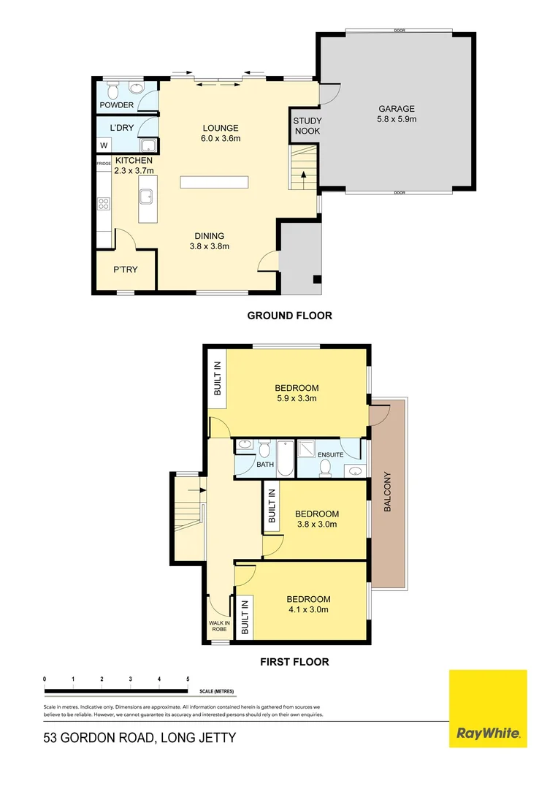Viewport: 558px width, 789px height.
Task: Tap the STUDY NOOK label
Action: pyautogui.click(x=307, y=126)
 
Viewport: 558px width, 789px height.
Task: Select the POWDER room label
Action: pyautogui.click(x=117, y=105)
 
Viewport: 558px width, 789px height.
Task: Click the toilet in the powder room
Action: pyautogui.click(x=112, y=90)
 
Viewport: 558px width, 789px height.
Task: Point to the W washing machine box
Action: pyautogui.click(x=104, y=145)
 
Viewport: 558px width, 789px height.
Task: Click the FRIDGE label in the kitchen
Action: pyautogui.click(x=104, y=164)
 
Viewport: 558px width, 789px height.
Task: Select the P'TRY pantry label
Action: pyautogui.click(x=125, y=270)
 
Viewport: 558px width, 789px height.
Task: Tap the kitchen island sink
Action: pyautogui.click(x=146, y=195)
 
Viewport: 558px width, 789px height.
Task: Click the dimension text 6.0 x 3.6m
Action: pyautogui.click(x=221, y=138)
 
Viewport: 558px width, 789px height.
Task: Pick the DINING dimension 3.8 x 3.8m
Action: pyautogui.click(x=209, y=246)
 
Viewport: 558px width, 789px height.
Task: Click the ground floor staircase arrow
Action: pyautogui.click(x=303, y=174)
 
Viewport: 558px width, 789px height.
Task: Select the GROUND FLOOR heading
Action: pyautogui.click(x=289, y=316)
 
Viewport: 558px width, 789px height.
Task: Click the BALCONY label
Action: pyautogui.click(x=388, y=492)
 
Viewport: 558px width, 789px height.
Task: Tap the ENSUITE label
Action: pyautogui.click(x=330, y=455)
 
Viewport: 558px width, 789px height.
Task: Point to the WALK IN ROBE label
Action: pyautogui.click(x=220, y=626)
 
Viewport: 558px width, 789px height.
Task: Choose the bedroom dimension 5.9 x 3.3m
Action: pyautogui.click(x=297, y=399)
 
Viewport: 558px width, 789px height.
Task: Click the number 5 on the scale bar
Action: pyautogui.click(x=188, y=679)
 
